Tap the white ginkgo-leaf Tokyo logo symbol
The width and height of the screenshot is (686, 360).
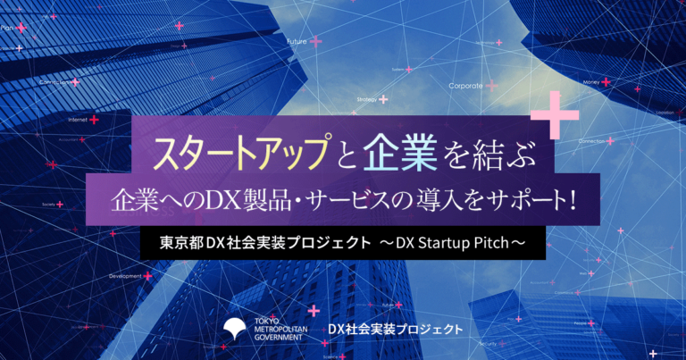point(238,330)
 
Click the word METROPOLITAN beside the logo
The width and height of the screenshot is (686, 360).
point(282,330)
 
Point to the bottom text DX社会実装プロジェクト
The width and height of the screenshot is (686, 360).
point(395,330)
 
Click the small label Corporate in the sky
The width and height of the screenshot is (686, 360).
point(465,87)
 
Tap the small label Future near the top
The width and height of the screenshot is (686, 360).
point(297,42)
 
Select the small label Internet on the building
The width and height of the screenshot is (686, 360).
point(78,119)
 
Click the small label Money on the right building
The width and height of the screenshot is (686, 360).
point(591,82)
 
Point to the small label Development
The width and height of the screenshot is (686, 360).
point(125,276)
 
